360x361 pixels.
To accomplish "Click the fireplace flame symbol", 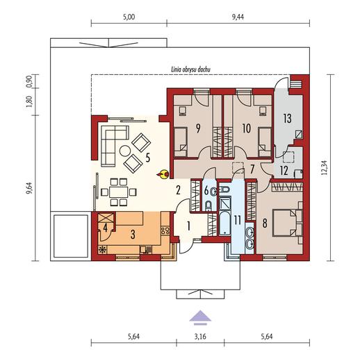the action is point(163,174).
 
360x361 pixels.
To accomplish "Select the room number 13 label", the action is point(288,119).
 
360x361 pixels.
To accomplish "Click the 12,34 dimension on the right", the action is point(325,167).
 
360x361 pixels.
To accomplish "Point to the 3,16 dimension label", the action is point(200,337).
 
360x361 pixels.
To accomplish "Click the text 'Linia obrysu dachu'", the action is point(190,69).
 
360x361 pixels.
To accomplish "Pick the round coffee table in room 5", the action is point(125,151).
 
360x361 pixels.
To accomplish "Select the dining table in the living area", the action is point(119,192).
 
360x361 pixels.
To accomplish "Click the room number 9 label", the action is point(198,128).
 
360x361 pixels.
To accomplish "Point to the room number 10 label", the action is point(246,128).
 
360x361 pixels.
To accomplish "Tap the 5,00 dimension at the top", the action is point(129,17).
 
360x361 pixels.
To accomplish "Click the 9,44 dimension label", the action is point(238,17).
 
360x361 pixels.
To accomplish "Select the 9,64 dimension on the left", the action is point(28,189).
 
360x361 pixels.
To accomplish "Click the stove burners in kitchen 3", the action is point(165,230).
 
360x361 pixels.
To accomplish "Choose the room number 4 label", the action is point(106,228).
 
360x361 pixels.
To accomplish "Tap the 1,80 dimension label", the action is point(29,101).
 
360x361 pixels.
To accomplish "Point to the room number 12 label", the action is point(284,171).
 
